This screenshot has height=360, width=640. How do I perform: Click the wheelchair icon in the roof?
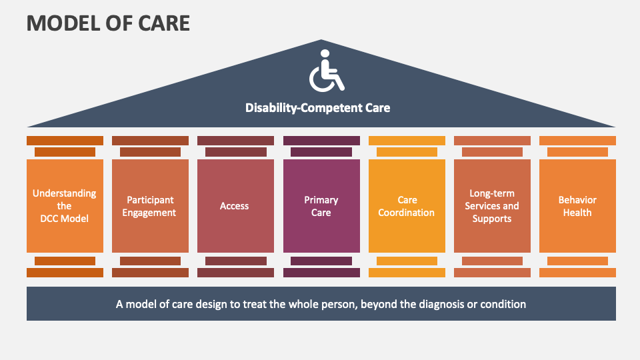(327, 71)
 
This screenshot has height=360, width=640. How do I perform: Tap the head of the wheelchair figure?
(325, 53)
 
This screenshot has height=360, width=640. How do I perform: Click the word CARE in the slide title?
(164, 23)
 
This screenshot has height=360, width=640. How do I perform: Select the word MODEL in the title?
(63, 23)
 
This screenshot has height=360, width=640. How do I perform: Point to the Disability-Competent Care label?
(317, 108)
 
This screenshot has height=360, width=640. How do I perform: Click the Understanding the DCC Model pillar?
(65, 206)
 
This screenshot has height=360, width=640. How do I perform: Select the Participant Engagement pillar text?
(149, 206)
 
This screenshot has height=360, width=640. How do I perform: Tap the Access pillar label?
(234, 206)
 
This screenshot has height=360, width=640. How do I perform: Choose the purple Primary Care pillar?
(321, 206)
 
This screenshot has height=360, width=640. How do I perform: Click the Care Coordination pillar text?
(407, 206)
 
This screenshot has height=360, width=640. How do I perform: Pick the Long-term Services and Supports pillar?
(492, 206)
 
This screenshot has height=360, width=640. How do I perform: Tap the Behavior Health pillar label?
(577, 206)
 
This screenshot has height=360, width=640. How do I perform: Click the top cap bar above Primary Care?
(321, 141)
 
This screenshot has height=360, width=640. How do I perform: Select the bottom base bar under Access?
(235, 273)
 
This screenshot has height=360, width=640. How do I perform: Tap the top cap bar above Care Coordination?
(407, 141)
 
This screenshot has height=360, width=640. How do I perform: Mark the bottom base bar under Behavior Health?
(577, 273)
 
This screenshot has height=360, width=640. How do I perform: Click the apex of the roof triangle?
(321, 39)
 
